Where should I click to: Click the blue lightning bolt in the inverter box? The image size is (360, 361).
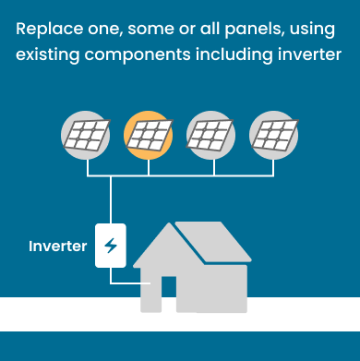coord(111,246)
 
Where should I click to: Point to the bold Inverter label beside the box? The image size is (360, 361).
coord(57,247)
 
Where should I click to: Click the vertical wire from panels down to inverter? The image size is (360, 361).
coord(111,199)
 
